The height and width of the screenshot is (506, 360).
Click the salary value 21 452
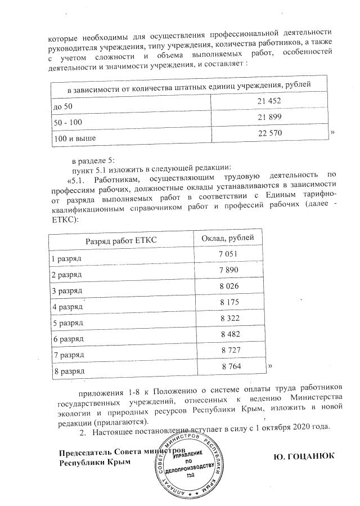[269, 101]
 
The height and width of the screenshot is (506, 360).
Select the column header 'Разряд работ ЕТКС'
[120, 241]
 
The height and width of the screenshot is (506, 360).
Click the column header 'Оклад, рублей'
[228, 238]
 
